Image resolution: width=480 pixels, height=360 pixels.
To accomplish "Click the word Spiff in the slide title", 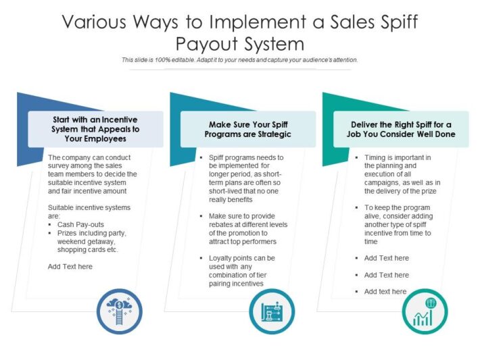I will [391, 22].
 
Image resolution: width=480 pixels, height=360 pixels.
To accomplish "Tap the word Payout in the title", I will [207, 45].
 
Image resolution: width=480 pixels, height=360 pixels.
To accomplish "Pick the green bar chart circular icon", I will [425, 313].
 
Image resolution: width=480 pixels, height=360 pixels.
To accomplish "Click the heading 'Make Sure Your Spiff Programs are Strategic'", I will [247, 129].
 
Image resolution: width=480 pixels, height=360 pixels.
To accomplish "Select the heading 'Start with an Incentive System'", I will [95, 129].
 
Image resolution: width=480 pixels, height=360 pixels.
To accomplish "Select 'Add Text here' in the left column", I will [70, 267].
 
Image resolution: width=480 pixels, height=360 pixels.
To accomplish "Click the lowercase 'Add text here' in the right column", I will [385, 292].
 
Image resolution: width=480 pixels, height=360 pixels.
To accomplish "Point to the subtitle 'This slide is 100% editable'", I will [239, 60].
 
